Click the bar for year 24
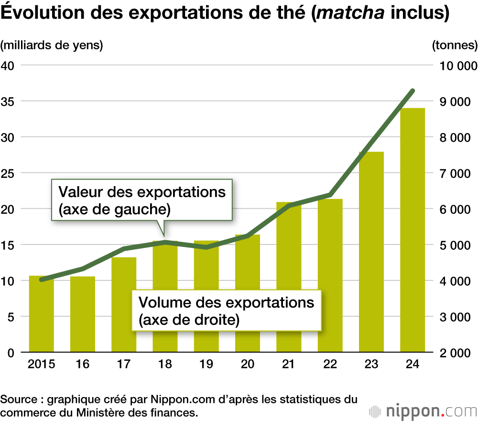413,230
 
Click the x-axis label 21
288,364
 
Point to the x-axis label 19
206,364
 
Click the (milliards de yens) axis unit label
52,45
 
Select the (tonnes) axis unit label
455,45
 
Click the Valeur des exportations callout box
141,200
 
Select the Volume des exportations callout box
226,311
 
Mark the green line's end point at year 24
413,90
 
